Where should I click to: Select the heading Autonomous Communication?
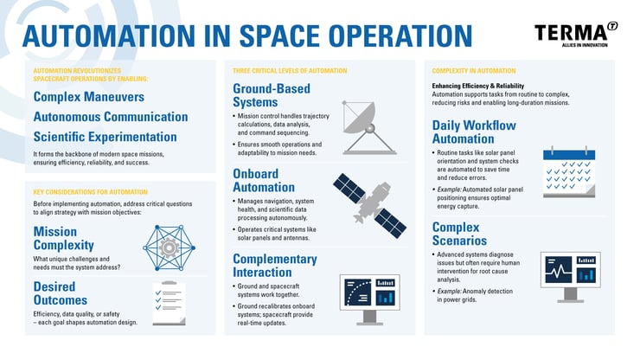[x=111, y=116]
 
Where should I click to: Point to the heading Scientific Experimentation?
[x=105, y=137]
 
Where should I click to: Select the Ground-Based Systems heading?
[x=272, y=95]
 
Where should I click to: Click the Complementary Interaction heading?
[x=275, y=265]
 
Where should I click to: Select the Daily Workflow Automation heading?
[x=476, y=132]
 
